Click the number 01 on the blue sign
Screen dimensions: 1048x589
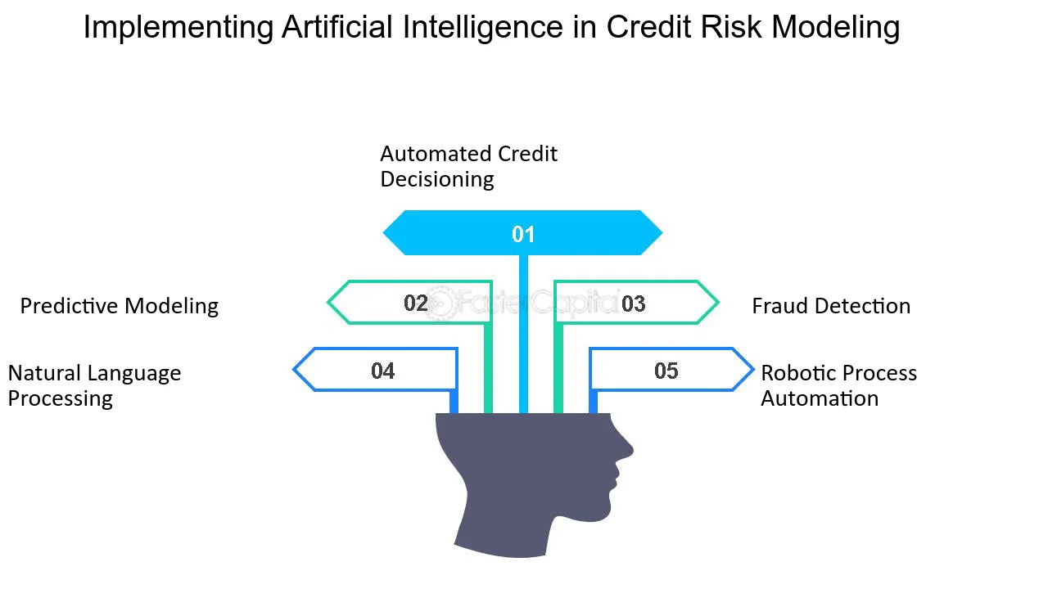[523, 234]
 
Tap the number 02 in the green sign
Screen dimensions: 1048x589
[415, 303]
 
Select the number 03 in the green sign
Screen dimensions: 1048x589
[634, 303]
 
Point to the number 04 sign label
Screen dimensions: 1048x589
[382, 371]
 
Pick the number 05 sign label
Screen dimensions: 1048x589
[666, 371]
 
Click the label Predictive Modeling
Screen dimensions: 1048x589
[120, 306]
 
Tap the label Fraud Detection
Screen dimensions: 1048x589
[831, 306]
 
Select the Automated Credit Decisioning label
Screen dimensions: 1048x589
[469, 166]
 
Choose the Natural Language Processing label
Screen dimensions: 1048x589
[94, 385]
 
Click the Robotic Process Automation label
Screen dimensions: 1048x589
[839, 385]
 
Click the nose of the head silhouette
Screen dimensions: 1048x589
[630, 451]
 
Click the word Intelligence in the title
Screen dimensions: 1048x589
[483, 27]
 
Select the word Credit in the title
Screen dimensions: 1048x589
[649, 27]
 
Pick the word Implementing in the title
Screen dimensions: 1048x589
[178, 28]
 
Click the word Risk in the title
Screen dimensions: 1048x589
[731, 27]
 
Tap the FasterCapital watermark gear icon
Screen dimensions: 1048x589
[439, 303]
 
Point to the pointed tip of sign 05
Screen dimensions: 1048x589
[754, 369]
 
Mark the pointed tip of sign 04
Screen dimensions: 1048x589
[293, 369]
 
